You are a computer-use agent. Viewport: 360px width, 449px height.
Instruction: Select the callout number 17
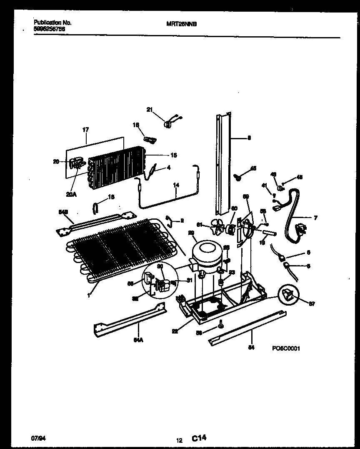point(85,130)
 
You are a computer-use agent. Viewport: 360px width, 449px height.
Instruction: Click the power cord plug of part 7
point(301,229)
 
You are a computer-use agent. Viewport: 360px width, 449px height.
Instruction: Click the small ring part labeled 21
point(168,123)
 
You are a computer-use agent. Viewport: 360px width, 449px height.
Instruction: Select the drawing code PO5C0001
point(286,349)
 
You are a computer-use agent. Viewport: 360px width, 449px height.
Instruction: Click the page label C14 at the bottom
point(199,438)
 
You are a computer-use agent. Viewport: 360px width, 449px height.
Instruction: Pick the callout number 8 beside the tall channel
point(249,138)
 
